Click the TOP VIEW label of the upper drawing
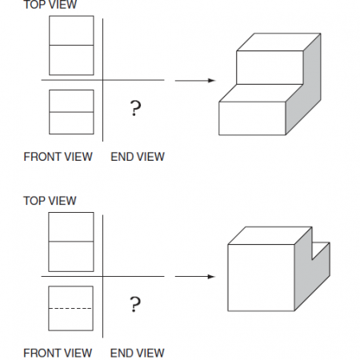pyautogui.click(x=50, y=5)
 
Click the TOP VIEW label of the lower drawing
pyautogui.click(x=50, y=201)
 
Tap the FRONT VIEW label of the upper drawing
pyautogui.click(x=58, y=157)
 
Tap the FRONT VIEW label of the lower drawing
pyautogui.click(x=58, y=353)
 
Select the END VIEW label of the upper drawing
pyautogui.click(x=138, y=157)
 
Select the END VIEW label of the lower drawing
pyautogui.click(x=138, y=353)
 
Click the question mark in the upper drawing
pyautogui.click(x=135, y=108)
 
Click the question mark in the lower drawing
pyautogui.click(x=135, y=304)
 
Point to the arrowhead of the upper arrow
pyautogui.click(x=212, y=80)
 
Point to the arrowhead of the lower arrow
pyautogui.click(x=212, y=277)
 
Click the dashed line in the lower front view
pyautogui.click(x=70, y=309)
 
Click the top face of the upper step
pyautogui.click(x=278, y=42)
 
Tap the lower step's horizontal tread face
pyautogui.click(x=260, y=94)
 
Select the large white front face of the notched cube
pyautogui.click(x=261, y=278)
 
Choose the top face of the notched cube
pyautogui.click(x=270, y=235)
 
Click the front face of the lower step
pyautogui.click(x=252, y=118)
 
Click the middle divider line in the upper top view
pyautogui.click(x=71, y=45)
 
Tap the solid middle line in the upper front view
pyautogui.click(x=71, y=112)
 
